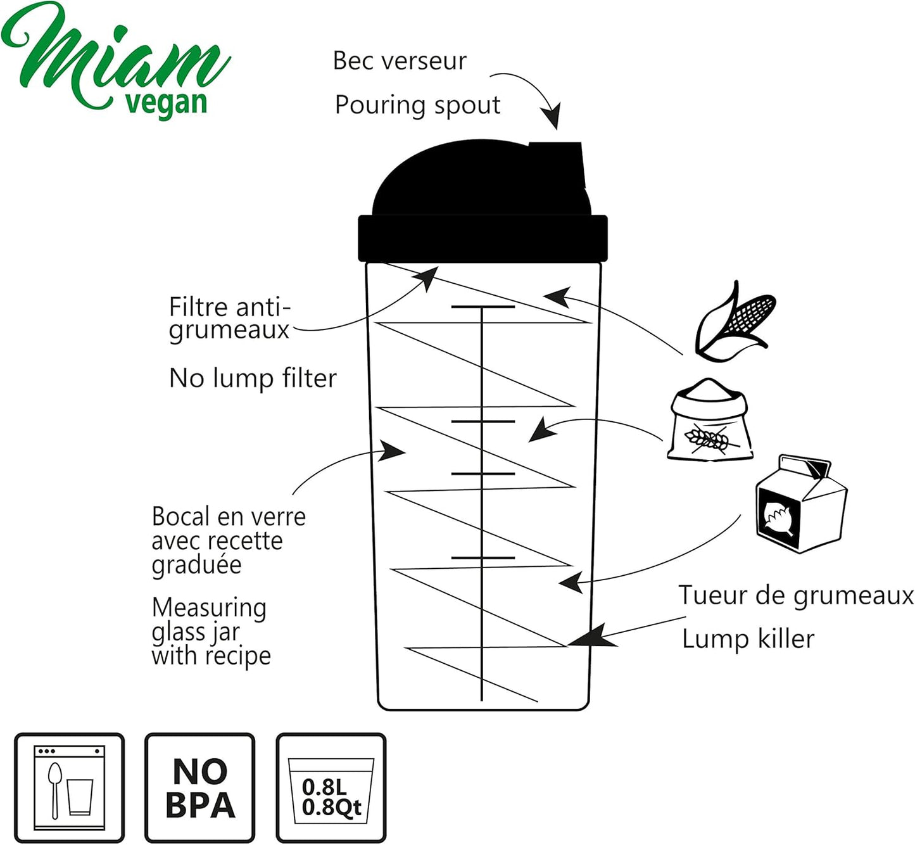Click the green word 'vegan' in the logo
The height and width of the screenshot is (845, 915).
point(166,104)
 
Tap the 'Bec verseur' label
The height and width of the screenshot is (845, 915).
point(400,61)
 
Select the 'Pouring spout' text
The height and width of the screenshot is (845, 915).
point(417,106)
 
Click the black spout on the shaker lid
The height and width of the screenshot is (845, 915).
point(557,163)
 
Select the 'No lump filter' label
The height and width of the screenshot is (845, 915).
point(253,378)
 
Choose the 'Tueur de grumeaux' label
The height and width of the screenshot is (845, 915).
point(796,595)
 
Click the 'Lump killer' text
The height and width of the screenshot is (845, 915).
point(748,639)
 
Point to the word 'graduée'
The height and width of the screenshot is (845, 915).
point(196,566)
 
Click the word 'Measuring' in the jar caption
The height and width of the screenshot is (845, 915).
point(209,609)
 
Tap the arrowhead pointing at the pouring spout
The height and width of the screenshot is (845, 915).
point(552,116)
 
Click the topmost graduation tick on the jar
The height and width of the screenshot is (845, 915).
point(483,307)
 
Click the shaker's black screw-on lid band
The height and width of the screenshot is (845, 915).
point(483,238)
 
